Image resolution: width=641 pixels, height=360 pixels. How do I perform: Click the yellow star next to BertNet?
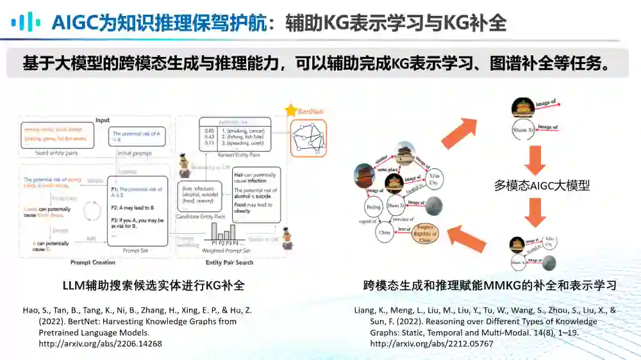(292, 111)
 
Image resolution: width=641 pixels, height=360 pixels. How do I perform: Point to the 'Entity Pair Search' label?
(229, 262)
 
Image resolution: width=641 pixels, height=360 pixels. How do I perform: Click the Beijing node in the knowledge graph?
(372, 208)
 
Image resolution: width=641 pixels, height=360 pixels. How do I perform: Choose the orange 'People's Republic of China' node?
(422, 232)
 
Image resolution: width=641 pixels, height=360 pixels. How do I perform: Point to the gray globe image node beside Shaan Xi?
(433, 206)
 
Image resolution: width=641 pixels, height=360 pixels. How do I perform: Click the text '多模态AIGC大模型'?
(542, 186)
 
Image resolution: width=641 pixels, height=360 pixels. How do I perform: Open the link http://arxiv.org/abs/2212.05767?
(431, 343)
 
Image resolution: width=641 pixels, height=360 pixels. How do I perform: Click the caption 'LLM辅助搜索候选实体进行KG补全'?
(153, 285)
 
